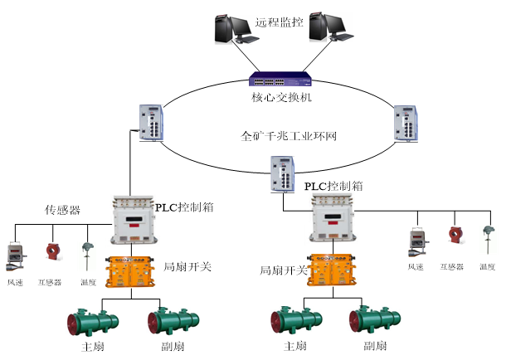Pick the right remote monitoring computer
[324, 25]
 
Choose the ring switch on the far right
[406, 123]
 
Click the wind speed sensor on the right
[416, 243]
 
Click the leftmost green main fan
[94, 323]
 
